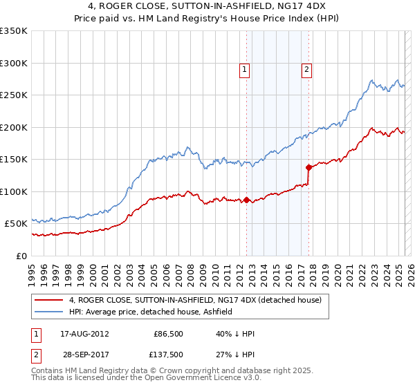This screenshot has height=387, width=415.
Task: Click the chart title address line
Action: tap(207, 7)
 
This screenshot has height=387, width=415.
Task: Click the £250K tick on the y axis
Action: tap(14, 95)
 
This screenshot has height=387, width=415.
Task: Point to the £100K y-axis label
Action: tap(14, 191)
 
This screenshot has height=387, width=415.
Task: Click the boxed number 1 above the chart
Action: tap(246, 68)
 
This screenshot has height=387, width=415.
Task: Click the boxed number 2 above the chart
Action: tap(306, 68)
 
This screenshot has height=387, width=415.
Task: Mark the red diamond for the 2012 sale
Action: tap(246, 200)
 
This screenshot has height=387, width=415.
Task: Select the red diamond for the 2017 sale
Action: tap(308, 167)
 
